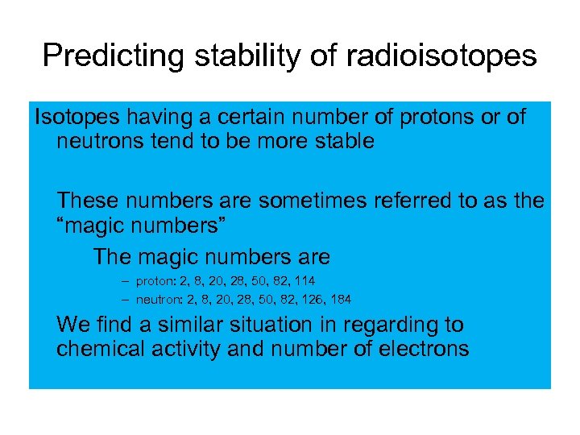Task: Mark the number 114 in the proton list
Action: pos(304,281)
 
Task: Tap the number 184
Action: pos(340,300)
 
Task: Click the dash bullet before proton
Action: pos(126,281)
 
